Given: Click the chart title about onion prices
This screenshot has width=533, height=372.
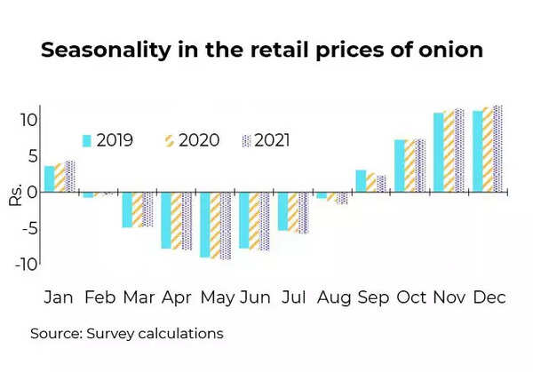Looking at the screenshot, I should pyautogui.click(x=262, y=51).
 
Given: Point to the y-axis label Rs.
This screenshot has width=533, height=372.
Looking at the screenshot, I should pyautogui.click(x=16, y=194).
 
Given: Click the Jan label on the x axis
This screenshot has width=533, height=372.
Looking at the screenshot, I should pyautogui.click(x=60, y=297).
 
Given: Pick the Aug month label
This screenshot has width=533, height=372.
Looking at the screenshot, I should pyautogui.click(x=332, y=297).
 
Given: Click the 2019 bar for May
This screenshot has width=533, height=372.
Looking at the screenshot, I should pyautogui.click(x=205, y=225).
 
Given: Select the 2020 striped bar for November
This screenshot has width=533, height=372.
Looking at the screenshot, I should pyautogui.click(x=449, y=151).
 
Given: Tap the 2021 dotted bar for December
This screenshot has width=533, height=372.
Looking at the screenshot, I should pyautogui.click(x=497, y=148).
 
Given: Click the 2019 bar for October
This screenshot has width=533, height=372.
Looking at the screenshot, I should pyautogui.click(x=400, y=165).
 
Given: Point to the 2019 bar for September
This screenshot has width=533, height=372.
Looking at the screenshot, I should pyautogui.click(x=361, y=180).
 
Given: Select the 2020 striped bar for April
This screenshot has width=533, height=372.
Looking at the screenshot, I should pyautogui.click(x=176, y=220).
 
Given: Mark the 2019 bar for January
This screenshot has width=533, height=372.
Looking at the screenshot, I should pyautogui.click(x=49, y=178).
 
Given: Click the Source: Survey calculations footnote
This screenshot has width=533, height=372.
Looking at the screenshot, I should pyautogui.click(x=126, y=334).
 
